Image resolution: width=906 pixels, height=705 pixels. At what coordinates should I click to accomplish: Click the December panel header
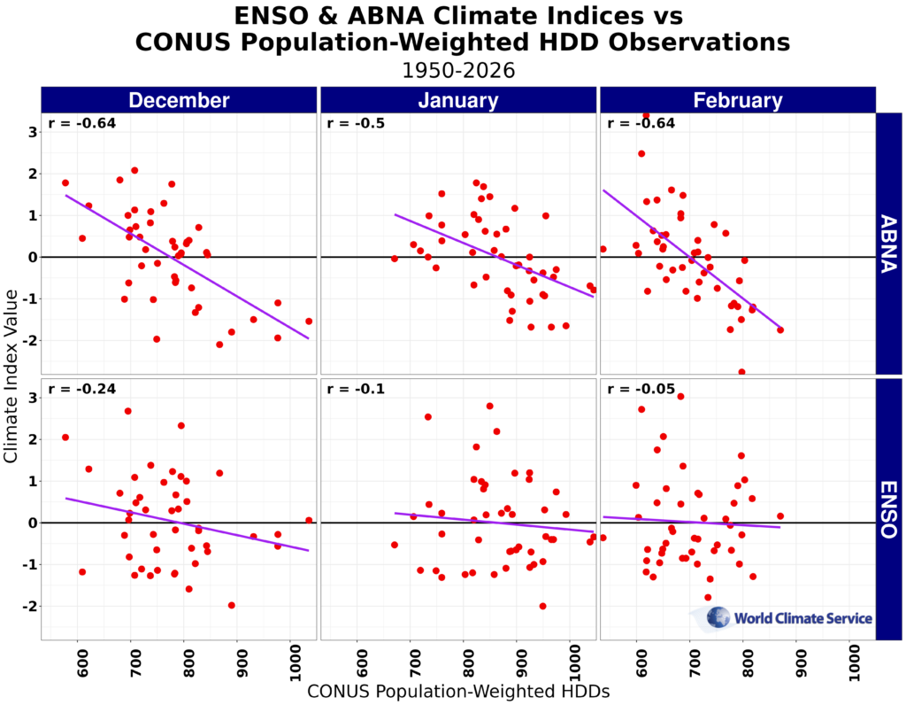(x=179, y=100)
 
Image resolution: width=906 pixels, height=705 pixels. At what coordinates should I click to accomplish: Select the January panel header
(x=458, y=100)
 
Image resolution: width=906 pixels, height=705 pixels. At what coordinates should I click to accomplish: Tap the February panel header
(x=737, y=100)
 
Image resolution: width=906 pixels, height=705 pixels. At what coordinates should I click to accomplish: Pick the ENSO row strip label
(x=888, y=509)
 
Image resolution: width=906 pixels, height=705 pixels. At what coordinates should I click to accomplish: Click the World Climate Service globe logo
(x=718, y=617)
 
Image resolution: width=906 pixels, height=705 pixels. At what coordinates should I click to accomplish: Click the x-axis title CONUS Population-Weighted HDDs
(x=458, y=693)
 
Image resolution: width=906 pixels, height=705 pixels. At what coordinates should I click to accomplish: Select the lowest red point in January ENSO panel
(x=542, y=606)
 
